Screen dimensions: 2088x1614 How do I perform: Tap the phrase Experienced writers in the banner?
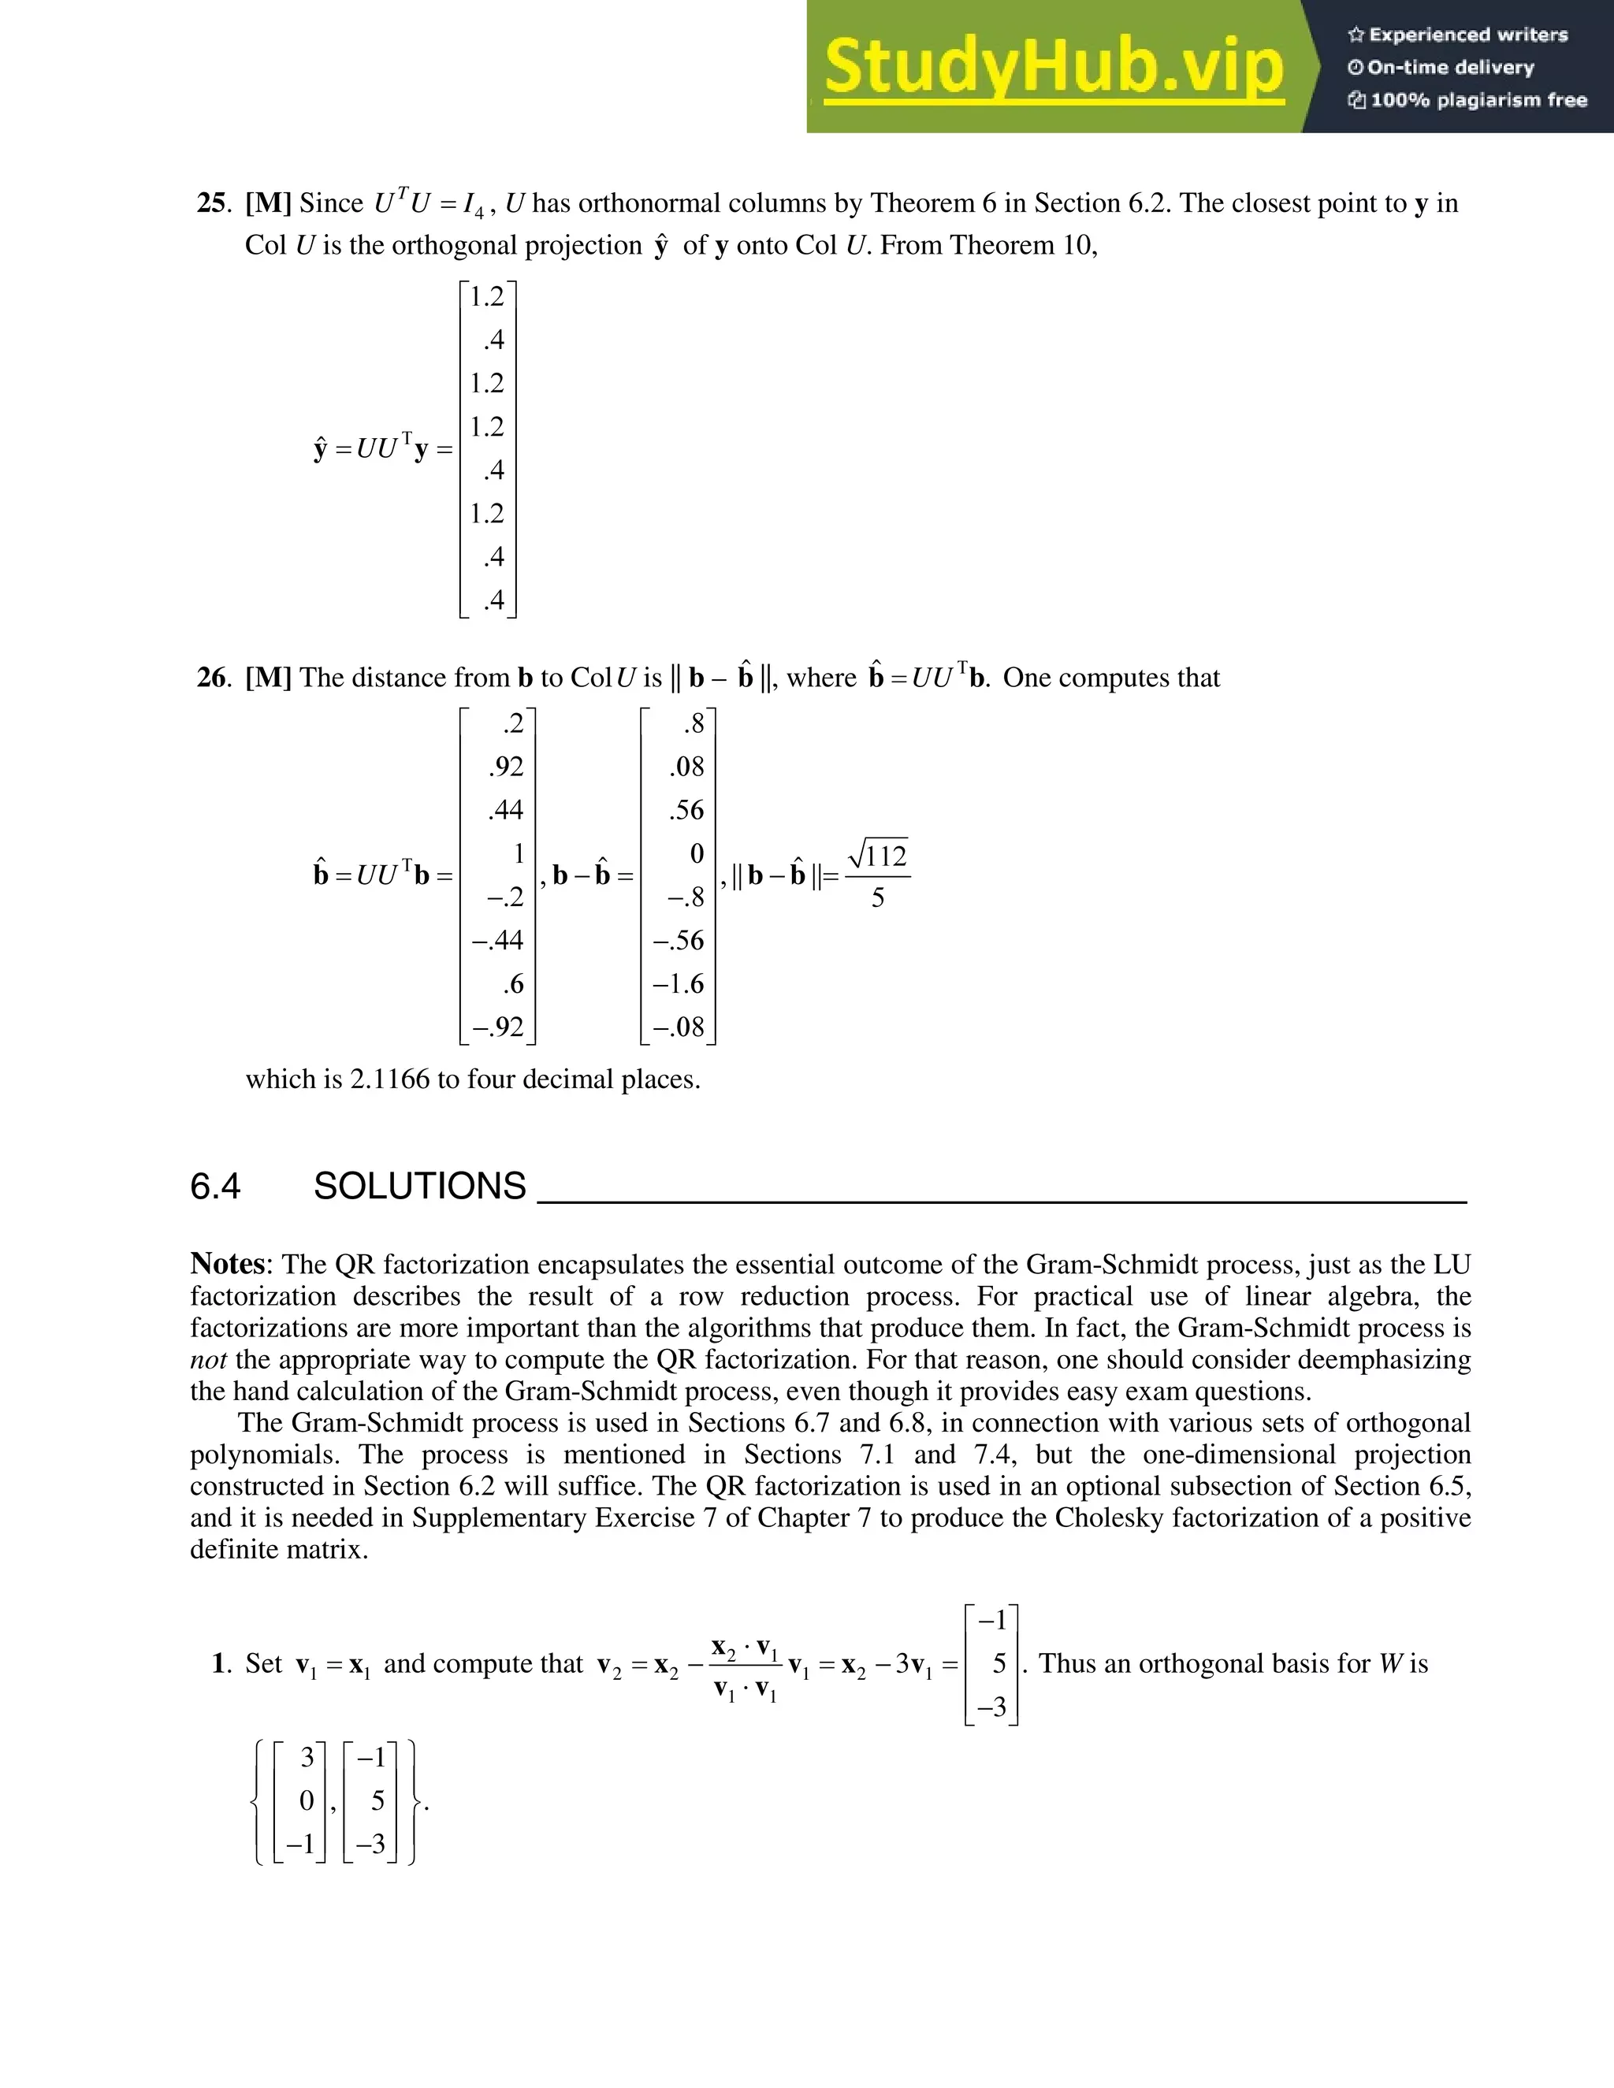[1467, 35]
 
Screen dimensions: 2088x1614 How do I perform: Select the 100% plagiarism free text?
[1478, 100]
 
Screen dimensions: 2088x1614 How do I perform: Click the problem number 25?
[211, 203]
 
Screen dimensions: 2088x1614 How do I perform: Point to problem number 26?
[211, 678]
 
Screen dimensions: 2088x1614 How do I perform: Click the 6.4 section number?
[215, 1187]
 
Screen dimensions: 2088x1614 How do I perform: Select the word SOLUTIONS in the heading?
[420, 1187]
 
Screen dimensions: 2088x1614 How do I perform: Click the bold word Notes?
[229, 1264]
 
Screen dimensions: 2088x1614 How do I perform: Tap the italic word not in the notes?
[207, 1359]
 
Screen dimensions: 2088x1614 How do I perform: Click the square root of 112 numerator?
[879, 854]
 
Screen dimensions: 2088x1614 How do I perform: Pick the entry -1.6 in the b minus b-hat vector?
[678, 984]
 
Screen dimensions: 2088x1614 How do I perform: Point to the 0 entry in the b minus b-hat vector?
[696, 853]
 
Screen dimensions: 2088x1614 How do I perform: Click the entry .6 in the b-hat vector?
[514, 984]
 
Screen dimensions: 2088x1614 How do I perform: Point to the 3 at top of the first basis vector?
[307, 1757]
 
